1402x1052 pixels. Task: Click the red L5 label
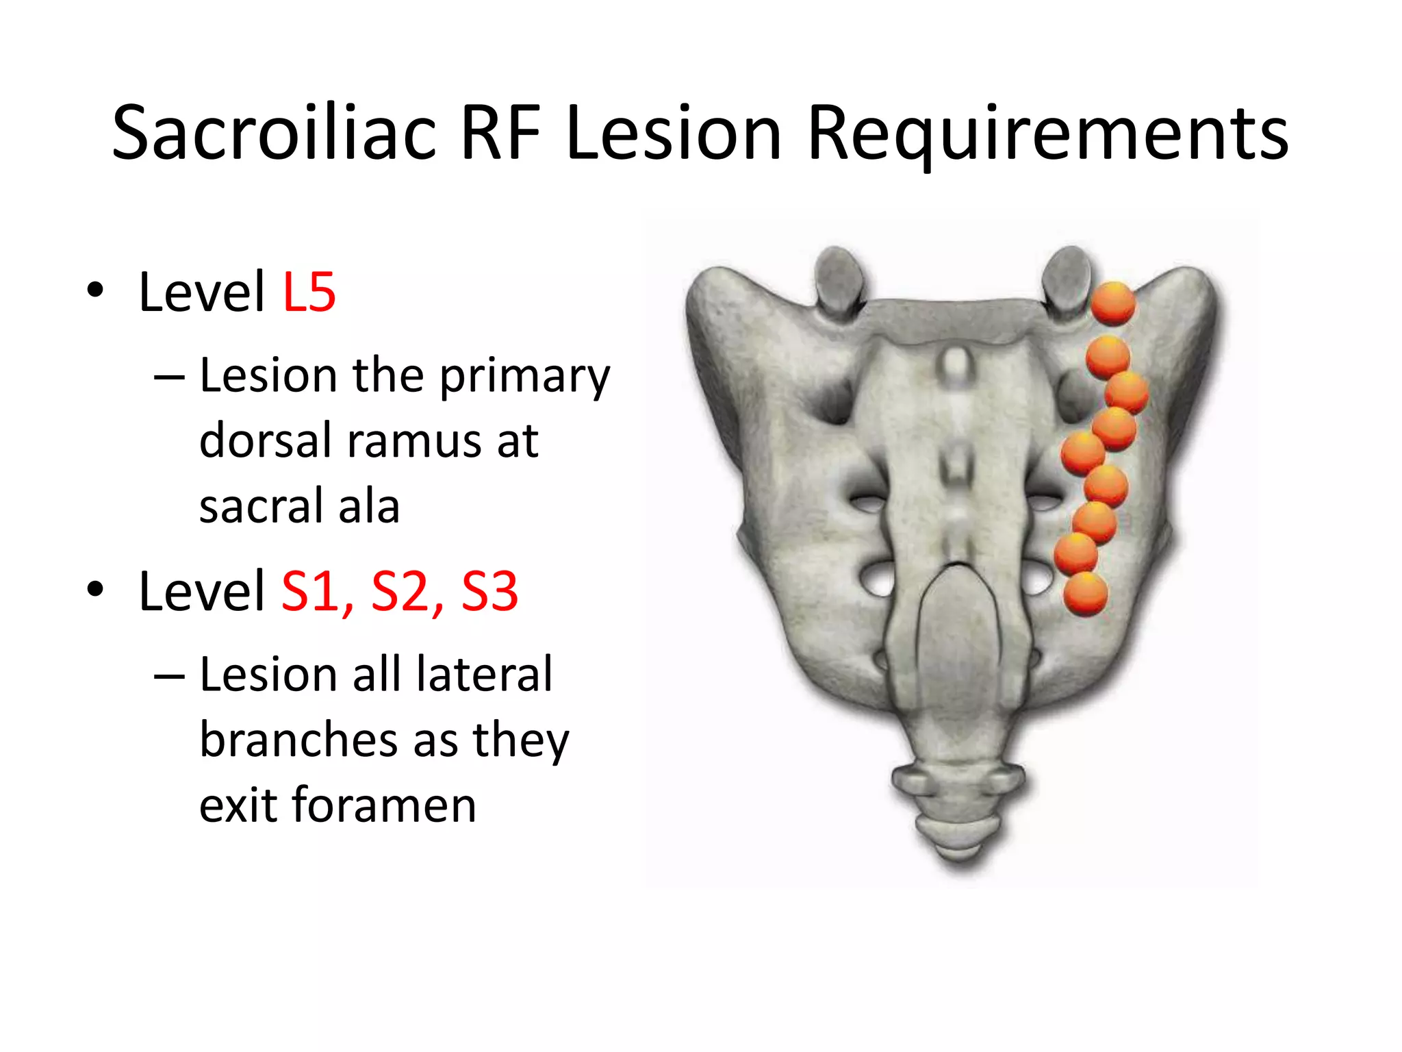[309, 292]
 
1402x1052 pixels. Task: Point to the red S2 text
[403, 592]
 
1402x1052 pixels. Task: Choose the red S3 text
[489, 592]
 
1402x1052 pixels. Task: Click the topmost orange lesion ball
[1112, 303]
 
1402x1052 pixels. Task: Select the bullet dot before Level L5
[95, 290]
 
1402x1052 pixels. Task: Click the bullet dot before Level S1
[95, 589]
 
